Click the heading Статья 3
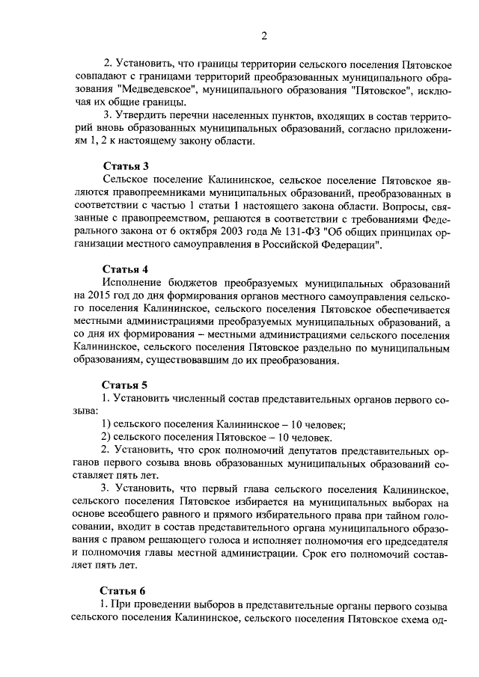[125, 167]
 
